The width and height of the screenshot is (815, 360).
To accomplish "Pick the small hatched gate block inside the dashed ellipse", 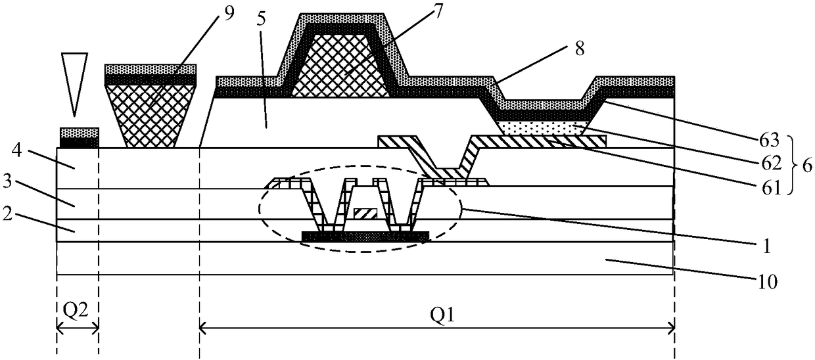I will pyautogui.click(x=365, y=213).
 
